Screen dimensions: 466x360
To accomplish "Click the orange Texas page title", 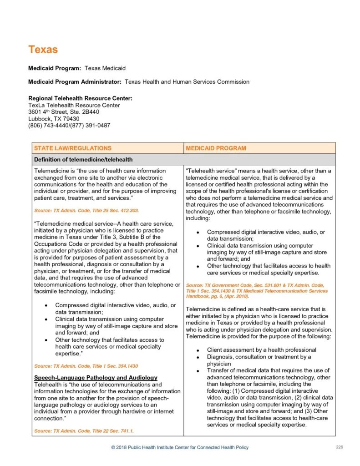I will pyautogui.click(x=43, y=50).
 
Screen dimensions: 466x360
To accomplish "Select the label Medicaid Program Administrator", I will pyautogui.click(x=75, y=82).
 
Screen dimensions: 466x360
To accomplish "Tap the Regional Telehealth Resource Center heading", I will pyautogui.click(x=80, y=98).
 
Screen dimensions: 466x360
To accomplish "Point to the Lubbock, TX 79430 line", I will pyautogui.click(x=54, y=119).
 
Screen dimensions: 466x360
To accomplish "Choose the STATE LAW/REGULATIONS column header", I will pyautogui.click(x=73, y=148).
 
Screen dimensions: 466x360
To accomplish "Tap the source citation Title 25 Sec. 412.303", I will pyautogui.click(x=86, y=211).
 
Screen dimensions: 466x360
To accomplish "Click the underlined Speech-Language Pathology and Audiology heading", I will pyautogui.click(x=96, y=378).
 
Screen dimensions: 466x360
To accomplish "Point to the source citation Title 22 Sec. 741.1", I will pyautogui.click(x=84, y=431).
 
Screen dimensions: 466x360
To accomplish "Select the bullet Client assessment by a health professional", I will pyautogui.click(x=261, y=350).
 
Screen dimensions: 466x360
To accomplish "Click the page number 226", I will pyautogui.click(x=339, y=447).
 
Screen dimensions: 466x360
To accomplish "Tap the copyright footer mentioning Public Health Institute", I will pyautogui.click(x=180, y=448).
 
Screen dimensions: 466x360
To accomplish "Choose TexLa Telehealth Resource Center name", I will pyautogui.click(x=74, y=105).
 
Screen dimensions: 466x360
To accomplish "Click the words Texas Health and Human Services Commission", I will pyautogui.click(x=187, y=82).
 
